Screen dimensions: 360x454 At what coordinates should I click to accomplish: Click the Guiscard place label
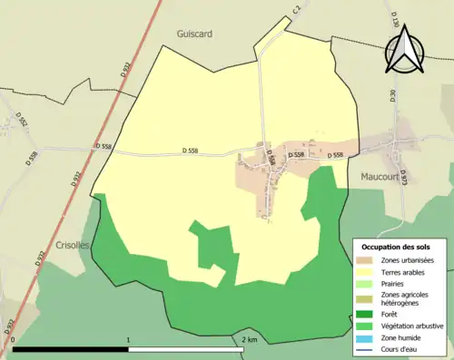pos(194,34)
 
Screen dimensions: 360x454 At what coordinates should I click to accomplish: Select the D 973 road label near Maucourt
pos(404,179)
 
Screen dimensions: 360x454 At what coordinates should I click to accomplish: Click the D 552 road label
pos(23,120)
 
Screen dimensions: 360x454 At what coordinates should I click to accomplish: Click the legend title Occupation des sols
pos(396,248)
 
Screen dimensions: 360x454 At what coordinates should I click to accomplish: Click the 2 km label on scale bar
pos(250,340)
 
